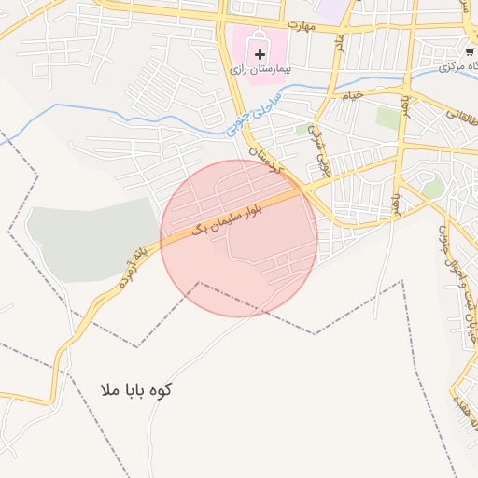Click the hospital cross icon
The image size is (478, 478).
(260, 55)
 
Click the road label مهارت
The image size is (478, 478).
(303, 24)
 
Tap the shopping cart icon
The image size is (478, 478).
(469, 51)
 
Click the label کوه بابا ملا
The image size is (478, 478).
(136, 390)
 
